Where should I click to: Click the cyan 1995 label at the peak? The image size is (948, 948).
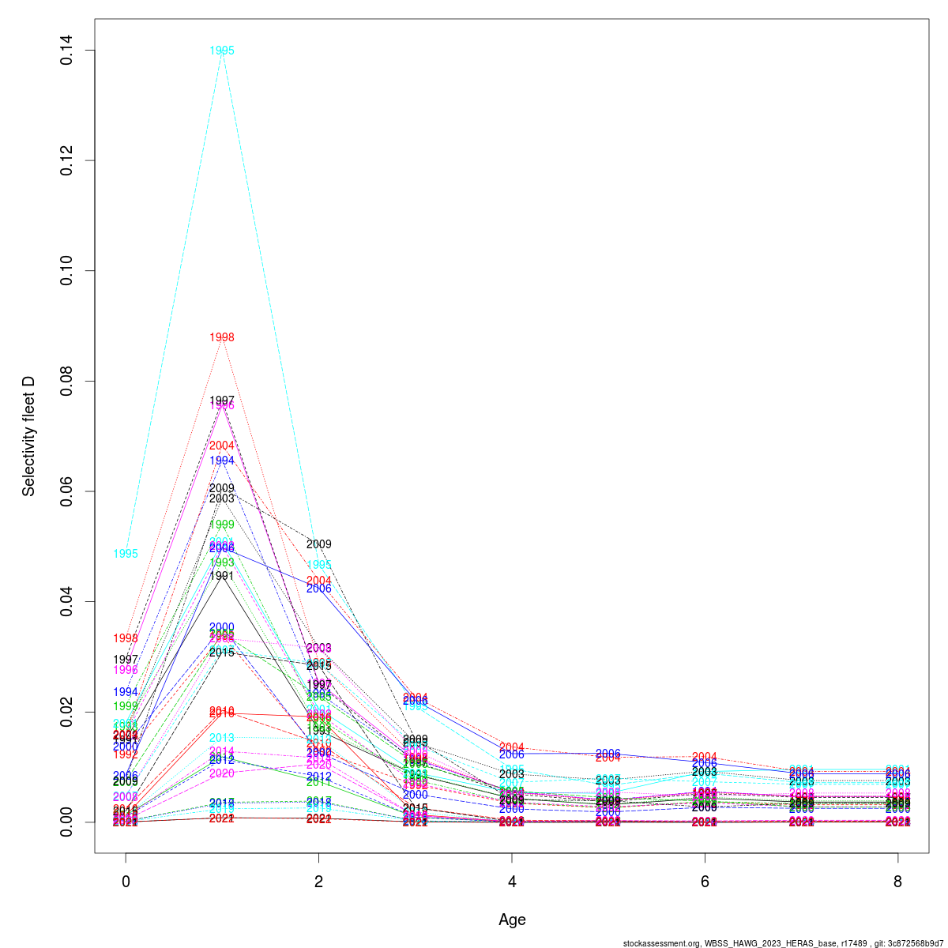click(x=222, y=51)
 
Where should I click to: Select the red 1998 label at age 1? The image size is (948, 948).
click(x=222, y=337)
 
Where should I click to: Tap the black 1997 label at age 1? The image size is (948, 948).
click(x=222, y=401)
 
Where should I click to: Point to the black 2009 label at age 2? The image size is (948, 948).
click(x=318, y=544)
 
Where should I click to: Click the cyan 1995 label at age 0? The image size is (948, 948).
click(x=126, y=554)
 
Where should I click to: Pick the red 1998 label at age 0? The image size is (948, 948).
click(x=126, y=638)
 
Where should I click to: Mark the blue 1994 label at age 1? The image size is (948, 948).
click(x=222, y=461)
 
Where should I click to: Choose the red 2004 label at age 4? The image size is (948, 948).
click(x=512, y=747)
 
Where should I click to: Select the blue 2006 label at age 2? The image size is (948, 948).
click(x=318, y=589)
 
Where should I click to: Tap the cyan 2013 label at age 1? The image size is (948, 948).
click(x=222, y=738)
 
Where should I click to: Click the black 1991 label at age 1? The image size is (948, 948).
click(x=222, y=576)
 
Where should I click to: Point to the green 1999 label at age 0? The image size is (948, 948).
click(x=126, y=706)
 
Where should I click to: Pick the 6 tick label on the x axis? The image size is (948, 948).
click(x=705, y=882)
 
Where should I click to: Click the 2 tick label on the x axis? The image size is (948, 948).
click(x=318, y=882)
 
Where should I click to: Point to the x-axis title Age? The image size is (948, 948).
click(x=512, y=920)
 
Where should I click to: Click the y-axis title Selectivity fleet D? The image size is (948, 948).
click(x=29, y=436)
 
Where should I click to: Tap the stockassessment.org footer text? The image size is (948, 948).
click(x=783, y=942)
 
